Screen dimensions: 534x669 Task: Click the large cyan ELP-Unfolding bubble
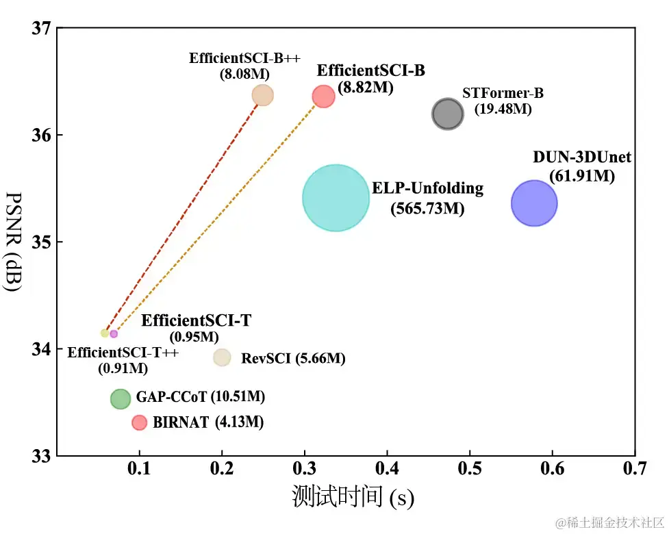(x=336, y=198)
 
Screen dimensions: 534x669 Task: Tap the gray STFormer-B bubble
(x=448, y=114)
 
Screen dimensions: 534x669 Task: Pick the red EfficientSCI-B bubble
(x=323, y=97)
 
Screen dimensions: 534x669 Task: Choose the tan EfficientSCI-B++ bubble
(x=262, y=95)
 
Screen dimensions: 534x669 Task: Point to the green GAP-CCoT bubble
(x=121, y=398)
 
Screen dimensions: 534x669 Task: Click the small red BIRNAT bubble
(x=139, y=422)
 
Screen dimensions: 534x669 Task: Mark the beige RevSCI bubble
(x=222, y=357)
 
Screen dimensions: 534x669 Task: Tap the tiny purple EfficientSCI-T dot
(x=114, y=333)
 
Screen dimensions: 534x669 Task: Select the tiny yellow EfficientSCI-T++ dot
(x=105, y=333)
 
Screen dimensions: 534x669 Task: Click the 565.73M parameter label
(x=427, y=209)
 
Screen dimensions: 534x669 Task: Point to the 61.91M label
(x=581, y=176)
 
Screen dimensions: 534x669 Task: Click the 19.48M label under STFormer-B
(x=503, y=109)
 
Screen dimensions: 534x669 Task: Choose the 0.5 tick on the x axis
(x=470, y=469)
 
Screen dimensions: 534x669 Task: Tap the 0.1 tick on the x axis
(x=140, y=469)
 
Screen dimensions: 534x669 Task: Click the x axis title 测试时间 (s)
(x=353, y=497)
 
